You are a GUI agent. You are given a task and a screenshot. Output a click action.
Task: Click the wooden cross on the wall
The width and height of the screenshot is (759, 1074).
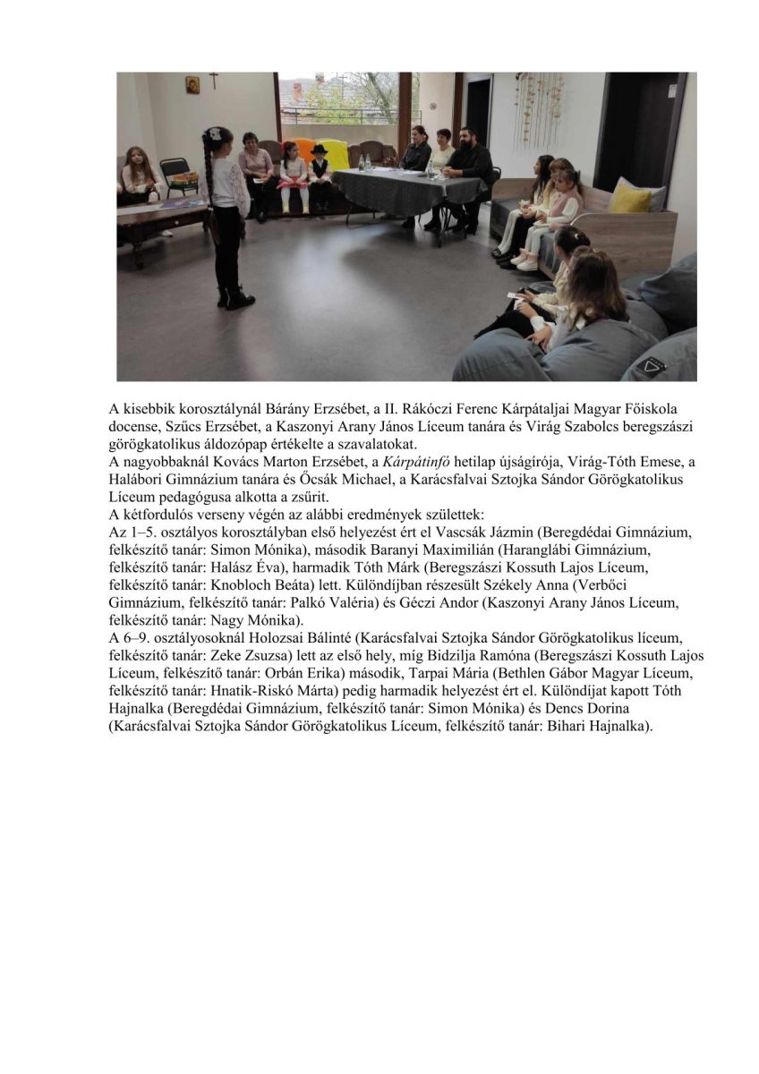point(213,81)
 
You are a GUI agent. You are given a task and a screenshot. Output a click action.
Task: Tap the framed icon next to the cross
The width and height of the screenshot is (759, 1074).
point(193,84)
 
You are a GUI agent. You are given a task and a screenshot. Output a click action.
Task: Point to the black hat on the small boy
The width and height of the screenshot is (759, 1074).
point(319,149)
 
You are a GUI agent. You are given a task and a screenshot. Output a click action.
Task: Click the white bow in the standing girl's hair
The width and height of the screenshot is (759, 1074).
point(214,132)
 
